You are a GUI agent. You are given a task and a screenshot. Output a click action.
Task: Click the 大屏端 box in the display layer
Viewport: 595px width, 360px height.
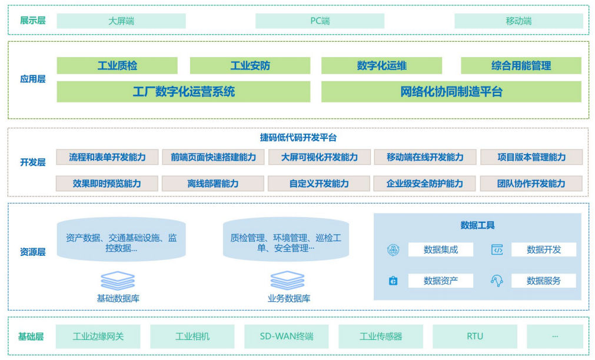click(121, 21)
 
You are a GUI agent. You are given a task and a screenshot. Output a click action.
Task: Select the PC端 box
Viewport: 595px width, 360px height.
click(320, 21)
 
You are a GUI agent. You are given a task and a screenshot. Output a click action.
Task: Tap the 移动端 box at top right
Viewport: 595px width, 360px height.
click(518, 21)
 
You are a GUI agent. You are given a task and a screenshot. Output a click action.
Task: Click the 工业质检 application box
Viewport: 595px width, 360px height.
click(117, 65)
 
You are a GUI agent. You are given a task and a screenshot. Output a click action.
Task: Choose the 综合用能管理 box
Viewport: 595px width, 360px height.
click(521, 65)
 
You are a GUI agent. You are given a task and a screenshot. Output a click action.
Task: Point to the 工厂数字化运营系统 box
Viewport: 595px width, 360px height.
click(183, 92)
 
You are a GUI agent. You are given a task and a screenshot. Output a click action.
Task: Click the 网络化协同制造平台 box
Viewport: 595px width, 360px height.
click(451, 92)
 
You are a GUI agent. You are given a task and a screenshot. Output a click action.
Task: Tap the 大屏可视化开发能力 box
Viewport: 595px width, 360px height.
click(319, 157)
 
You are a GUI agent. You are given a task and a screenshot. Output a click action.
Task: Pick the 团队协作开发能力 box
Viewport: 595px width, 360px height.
click(531, 184)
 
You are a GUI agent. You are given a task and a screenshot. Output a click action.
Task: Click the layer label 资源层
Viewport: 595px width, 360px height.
click(32, 252)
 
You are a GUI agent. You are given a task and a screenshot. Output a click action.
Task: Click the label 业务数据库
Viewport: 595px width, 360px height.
click(288, 298)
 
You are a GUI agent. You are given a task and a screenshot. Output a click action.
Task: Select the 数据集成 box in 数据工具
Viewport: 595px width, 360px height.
click(440, 249)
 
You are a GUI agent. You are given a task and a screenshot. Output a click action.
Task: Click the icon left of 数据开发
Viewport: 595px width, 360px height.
click(497, 249)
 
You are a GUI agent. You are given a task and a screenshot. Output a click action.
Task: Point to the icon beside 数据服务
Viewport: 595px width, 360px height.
click(497, 281)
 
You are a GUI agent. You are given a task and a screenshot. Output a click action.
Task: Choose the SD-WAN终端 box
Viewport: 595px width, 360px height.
click(287, 336)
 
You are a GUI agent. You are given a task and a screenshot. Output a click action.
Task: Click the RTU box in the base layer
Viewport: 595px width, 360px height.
click(475, 336)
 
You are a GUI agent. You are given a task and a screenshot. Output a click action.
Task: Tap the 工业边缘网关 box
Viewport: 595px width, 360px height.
click(98, 336)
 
